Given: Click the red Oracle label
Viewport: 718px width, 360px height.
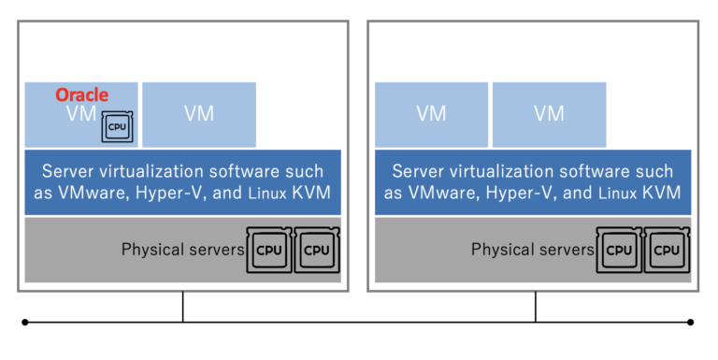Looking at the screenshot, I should pyautogui.click(x=82, y=94).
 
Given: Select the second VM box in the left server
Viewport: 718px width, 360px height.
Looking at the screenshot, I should pyautogui.click(x=199, y=114).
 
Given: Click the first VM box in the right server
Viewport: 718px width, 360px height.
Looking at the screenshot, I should pyautogui.click(x=431, y=114).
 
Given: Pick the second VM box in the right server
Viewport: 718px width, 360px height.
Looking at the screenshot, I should pyautogui.click(x=549, y=114).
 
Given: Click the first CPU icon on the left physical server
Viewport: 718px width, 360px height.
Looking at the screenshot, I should pyautogui.click(x=268, y=250).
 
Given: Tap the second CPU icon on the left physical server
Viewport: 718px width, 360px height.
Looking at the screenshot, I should pyautogui.click(x=317, y=250).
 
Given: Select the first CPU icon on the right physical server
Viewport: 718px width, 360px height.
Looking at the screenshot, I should pyautogui.click(x=618, y=250).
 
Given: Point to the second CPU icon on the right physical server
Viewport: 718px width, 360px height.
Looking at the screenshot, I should pyautogui.click(x=667, y=250).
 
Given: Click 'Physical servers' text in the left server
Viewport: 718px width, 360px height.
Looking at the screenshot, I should pyautogui.click(x=181, y=250).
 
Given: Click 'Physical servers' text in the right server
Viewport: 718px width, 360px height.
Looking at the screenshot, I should pyautogui.click(x=532, y=250).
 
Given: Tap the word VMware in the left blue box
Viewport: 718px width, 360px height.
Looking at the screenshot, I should pyautogui.click(x=96, y=194).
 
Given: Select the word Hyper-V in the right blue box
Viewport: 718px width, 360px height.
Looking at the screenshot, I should pyautogui.click(x=513, y=194).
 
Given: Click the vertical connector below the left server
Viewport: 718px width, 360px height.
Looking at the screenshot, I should pyautogui.click(x=183, y=307).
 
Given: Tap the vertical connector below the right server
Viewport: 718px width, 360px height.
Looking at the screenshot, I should pyautogui.click(x=536, y=307).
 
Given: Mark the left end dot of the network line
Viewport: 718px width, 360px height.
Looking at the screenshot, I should pyautogui.click(x=25, y=322).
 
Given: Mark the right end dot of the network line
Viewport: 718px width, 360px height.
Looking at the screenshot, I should pyautogui.click(x=691, y=322).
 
